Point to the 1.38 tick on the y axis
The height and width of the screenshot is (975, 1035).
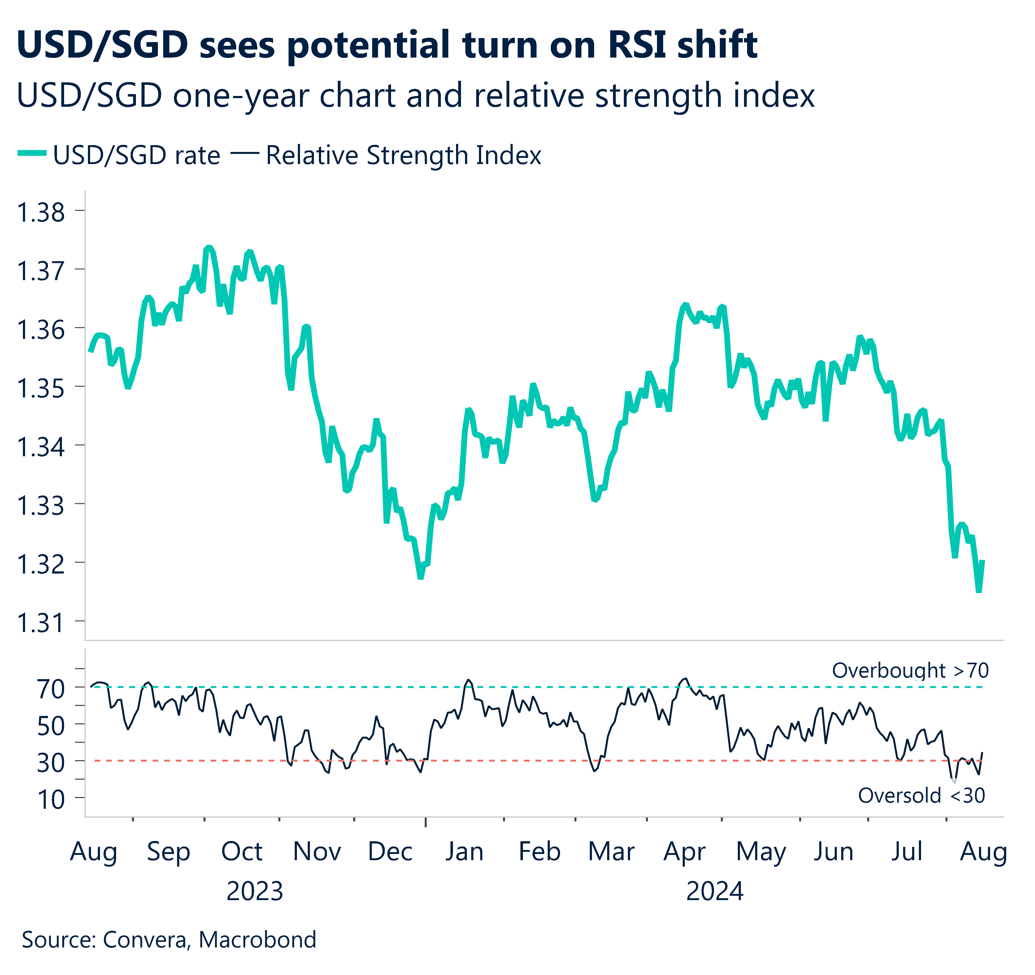click(x=41, y=212)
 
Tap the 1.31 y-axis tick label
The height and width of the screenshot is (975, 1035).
click(x=41, y=622)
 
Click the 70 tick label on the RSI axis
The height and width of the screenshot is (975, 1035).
click(x=50, y=689)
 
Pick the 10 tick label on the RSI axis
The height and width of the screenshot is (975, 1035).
click(x=50, y=799)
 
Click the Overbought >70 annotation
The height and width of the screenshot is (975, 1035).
click(x=910, y=670)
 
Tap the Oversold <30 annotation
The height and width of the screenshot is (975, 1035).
click(x=921, y=795)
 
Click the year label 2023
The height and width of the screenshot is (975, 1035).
click(x=254, y=891)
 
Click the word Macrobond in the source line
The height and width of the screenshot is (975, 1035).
click(x=257, y=940)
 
